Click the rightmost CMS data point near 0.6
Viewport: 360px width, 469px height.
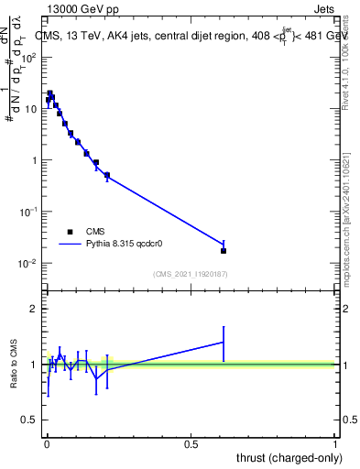tap(224, 250)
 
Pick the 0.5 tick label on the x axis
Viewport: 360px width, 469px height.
tap(191, 444)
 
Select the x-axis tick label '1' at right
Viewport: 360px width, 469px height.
tap(336, 444)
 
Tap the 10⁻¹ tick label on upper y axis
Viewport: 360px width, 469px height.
tap(28, 212)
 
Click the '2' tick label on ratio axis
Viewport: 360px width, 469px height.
tap(34, 309)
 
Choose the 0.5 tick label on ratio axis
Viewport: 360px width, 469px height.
tap(30, 420)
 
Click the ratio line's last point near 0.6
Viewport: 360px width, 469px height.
tap(224, 342)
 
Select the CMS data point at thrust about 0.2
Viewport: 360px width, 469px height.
tap(107, 175)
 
